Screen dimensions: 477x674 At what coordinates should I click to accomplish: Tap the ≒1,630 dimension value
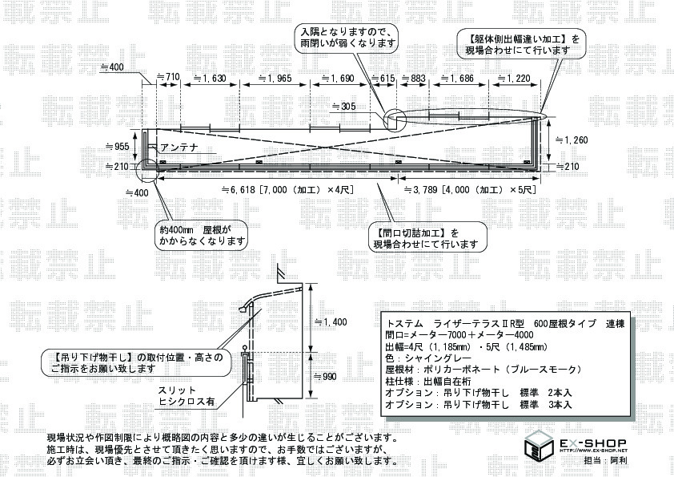[x=210, y=78]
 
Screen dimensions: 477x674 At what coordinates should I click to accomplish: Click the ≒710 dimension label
[x=166, y=78]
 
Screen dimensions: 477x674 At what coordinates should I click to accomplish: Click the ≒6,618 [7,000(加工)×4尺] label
[x=291, y=191]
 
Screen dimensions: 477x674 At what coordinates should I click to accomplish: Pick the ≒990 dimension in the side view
[x=327, y=375]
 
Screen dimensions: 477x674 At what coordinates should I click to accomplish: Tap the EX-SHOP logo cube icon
[x=538, y=445]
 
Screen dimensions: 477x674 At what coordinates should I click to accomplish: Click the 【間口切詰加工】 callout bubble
[x=425, y=238]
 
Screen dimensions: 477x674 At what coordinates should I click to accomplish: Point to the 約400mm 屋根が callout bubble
[x=201, y=234]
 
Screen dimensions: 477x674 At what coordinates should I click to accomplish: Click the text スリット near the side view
[x=175, y=391]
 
